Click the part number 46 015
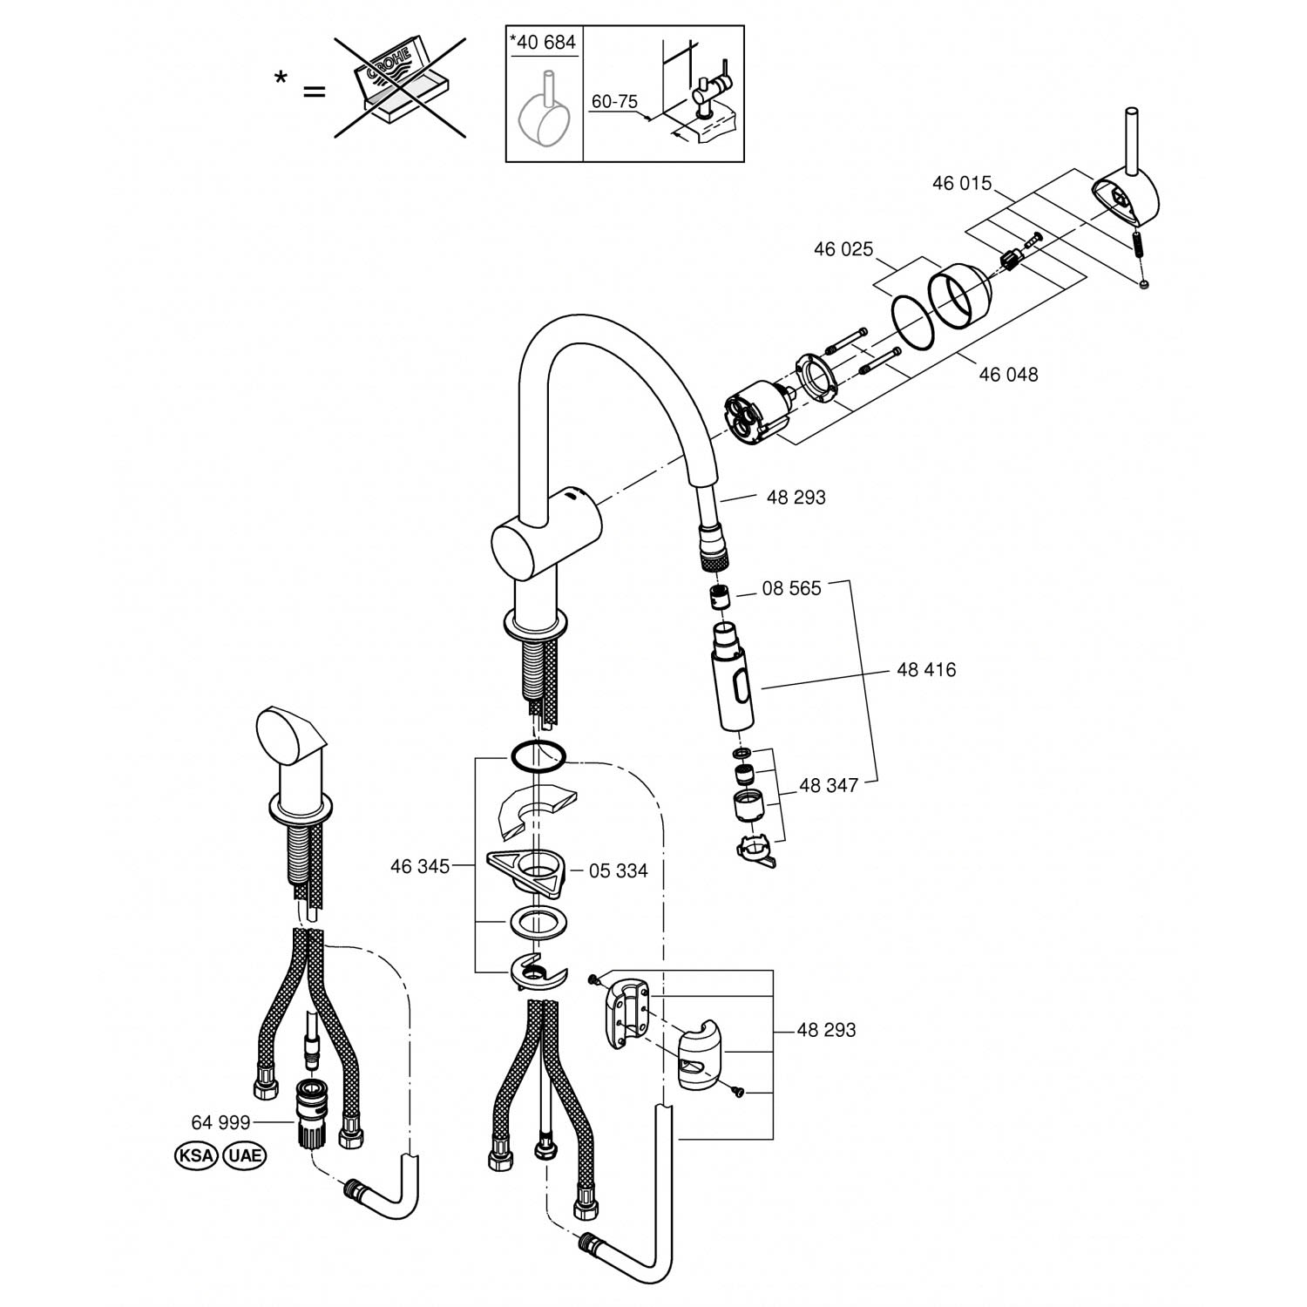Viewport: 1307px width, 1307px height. pos(961,184)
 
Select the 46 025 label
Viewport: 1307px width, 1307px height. pos(843,250)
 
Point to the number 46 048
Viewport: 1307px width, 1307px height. pos(1008,375)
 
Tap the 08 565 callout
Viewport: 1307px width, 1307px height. pos(791,589)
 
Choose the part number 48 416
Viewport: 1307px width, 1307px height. pos(925,670)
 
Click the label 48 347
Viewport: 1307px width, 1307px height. pos(828,786)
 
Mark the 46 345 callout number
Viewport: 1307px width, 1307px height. pos(419,867)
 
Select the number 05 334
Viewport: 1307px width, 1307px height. pos(618,871)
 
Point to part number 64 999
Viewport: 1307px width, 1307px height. pos(220,1122)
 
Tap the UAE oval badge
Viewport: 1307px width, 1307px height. pos(244,1156)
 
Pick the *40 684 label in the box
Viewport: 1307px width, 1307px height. pos(543,42)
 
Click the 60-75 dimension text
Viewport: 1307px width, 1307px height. pos(614,102)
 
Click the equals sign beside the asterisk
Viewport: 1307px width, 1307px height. pos(313,90)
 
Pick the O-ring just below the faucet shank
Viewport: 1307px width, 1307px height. pos(538,757)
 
